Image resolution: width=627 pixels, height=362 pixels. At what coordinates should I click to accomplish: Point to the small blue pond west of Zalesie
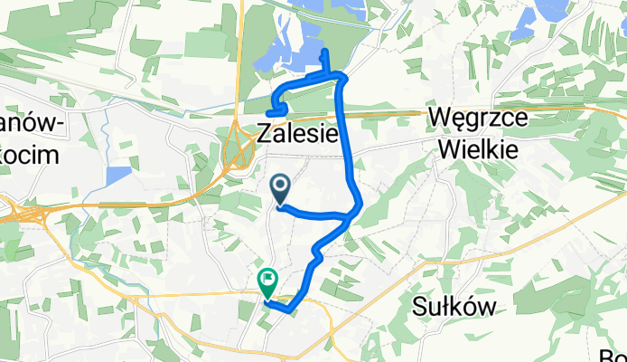click(x=118, y=176)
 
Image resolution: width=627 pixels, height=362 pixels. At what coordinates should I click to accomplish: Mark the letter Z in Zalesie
click(x=264, y=134)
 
